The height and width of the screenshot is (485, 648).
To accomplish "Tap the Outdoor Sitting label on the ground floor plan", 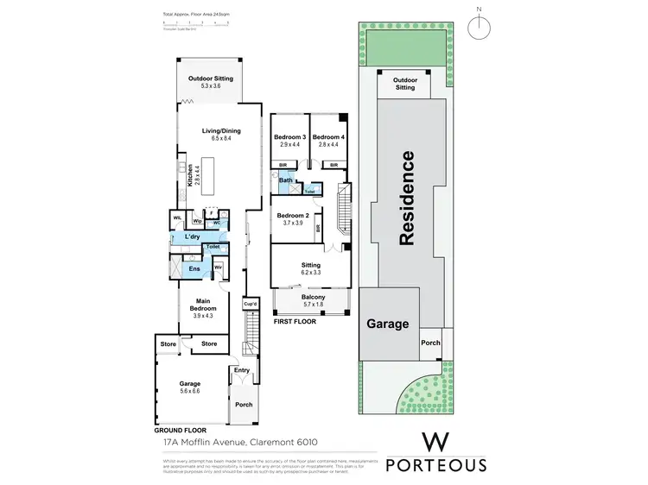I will click(211, 82).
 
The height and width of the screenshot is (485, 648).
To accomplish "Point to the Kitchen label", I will click(190, 176).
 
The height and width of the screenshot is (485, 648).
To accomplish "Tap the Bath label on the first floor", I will click(285, 180).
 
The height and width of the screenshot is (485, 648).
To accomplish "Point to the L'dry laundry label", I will click(193, 236).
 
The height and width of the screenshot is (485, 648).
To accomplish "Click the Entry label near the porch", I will click(241, 370).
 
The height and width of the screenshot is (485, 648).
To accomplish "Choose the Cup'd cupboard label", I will click(250, 304).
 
